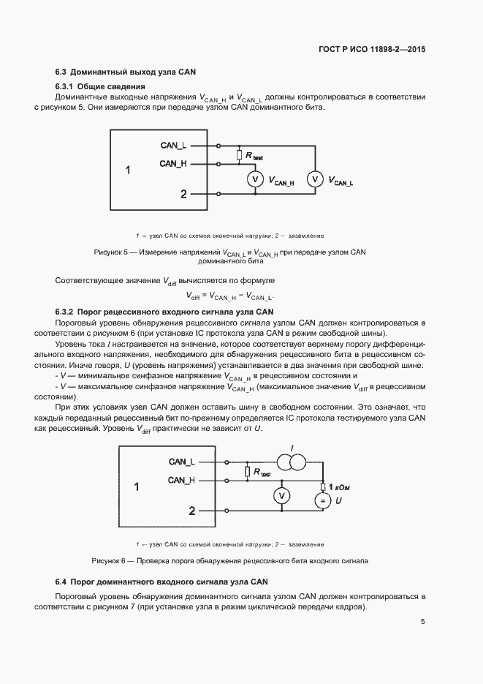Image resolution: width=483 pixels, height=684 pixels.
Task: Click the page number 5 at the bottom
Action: [x=423, y=622]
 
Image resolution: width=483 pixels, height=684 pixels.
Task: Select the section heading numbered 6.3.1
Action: [x=100, y=87]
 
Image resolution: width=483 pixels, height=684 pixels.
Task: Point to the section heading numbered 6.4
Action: [x=162, y=582]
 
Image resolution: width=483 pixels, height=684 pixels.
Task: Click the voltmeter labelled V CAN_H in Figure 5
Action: [x=256, y=179]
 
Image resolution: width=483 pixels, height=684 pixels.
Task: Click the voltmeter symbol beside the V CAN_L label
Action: [x=314, y=178]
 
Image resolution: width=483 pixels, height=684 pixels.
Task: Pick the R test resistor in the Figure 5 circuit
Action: [x=239, y=155]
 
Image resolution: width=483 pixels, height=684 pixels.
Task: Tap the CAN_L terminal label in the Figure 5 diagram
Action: [x=173, y=146]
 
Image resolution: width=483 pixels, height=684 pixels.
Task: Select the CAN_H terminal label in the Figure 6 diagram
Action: [x=181, y=480]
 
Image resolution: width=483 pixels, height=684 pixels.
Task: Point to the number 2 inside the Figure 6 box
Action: [x=192, y=511]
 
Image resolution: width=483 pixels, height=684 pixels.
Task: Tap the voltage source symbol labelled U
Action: [x=322, y=500]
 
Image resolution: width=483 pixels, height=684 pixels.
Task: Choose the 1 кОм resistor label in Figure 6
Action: [x=340, y=486]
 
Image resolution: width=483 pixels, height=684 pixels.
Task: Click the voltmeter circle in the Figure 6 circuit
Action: [x=278, y=496]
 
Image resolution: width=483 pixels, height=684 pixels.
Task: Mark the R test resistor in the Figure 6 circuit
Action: [x=248, y=472]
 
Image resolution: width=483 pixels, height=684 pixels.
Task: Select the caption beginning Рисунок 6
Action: [x=229, y=560]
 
